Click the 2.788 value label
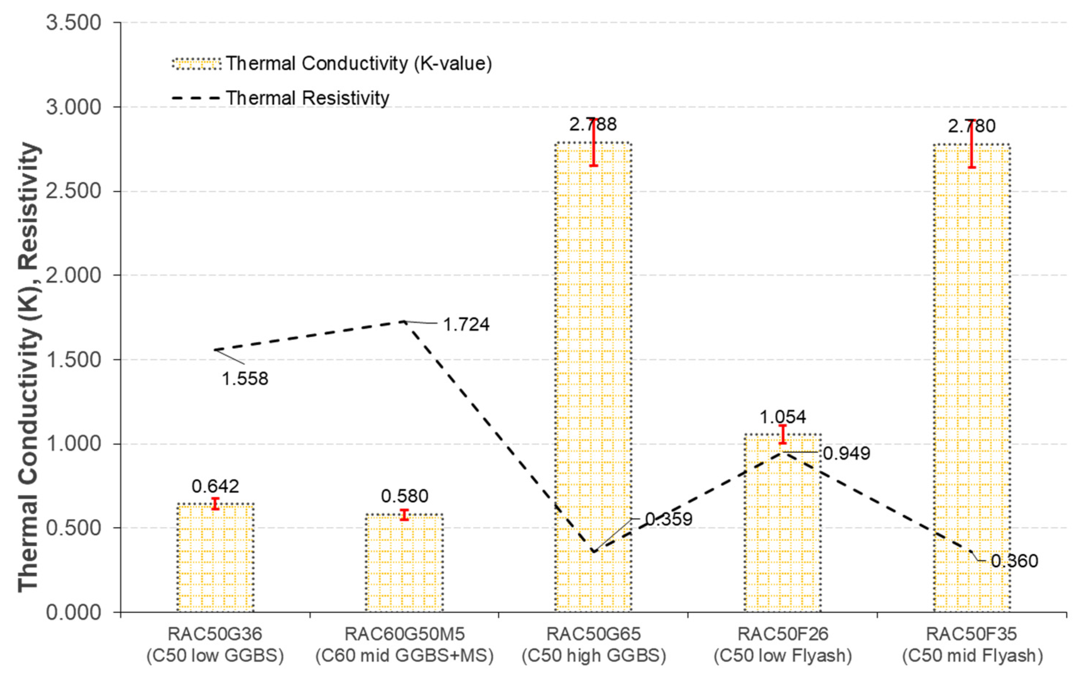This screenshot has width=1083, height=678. (x=593, y=125)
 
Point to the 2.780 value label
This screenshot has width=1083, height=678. (x=971, y=127)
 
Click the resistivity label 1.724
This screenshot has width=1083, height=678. (x=466, y=325)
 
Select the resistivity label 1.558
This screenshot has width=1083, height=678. (x=245, y=379)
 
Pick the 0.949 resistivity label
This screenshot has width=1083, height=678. (x=846, y=454)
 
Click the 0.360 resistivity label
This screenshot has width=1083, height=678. (x=1014, y=561)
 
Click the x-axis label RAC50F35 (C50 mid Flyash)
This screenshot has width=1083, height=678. (x=972, y=645)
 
